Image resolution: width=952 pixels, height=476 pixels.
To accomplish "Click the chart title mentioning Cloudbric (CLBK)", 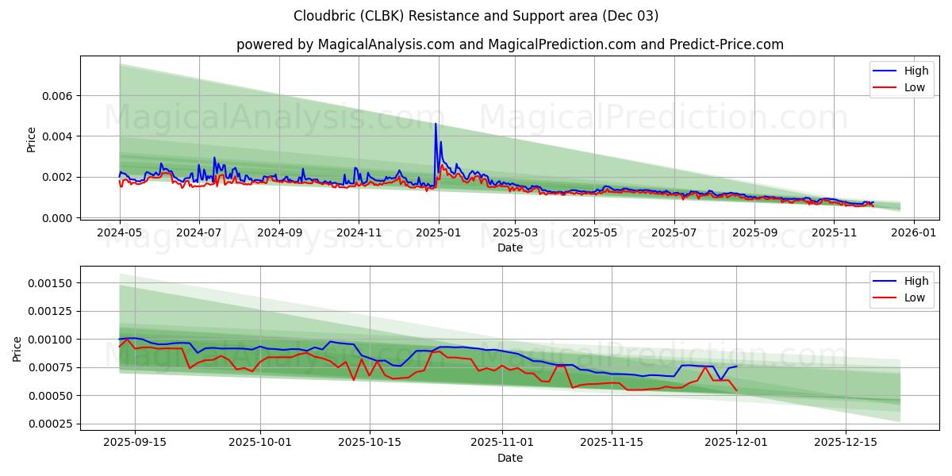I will [x=476, y=16].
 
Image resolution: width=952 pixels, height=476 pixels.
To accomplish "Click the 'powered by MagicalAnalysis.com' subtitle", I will [x=509, y=44].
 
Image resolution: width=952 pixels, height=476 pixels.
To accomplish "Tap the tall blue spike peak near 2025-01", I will [x=436, y=124].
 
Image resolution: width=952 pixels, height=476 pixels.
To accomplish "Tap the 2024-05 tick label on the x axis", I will [x=120, y=233].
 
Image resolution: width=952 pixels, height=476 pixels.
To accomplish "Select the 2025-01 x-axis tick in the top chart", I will [x=439, y=233].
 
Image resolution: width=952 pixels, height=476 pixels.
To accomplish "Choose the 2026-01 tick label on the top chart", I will [x=914, y=233].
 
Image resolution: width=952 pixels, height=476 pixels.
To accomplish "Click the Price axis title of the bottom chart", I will [x=17, y=348].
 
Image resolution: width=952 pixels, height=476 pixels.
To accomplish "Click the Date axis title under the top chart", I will [x=509, y=248].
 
